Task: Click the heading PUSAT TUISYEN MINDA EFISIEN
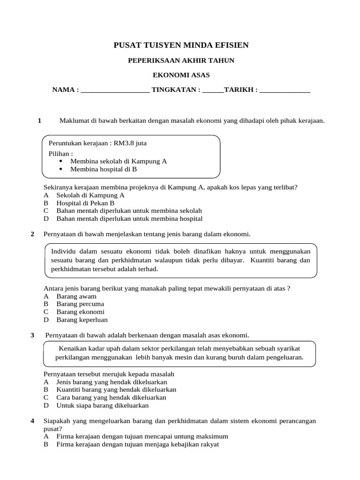(x=181, y=45)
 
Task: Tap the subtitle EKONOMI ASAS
(x=181, y=75)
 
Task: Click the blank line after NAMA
(x=115, y=90)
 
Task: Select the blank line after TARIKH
(x=285, y=90)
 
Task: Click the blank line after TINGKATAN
(x=213, y=90)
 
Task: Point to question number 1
(x=40, y=121)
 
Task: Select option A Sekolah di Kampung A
(x=90, y=195)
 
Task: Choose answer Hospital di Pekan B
(x=85, y=203)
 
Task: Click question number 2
(x=32, y=233)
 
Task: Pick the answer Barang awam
(x=76, y=296)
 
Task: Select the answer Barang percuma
(x=80, y=304)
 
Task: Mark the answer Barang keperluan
(x=82, y=320)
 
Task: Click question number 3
(x=32, y=335)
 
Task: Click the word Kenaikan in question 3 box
(x=73, y=349)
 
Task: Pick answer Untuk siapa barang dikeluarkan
(x=102, y=405)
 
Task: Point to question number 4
(x=32, y=421)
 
